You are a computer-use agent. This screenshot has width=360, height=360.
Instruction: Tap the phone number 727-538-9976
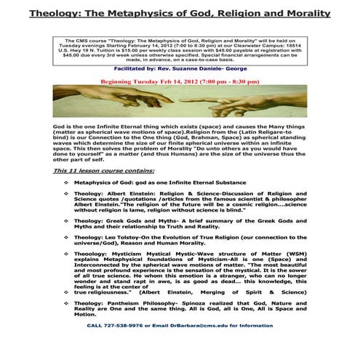tap(121, 346)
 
